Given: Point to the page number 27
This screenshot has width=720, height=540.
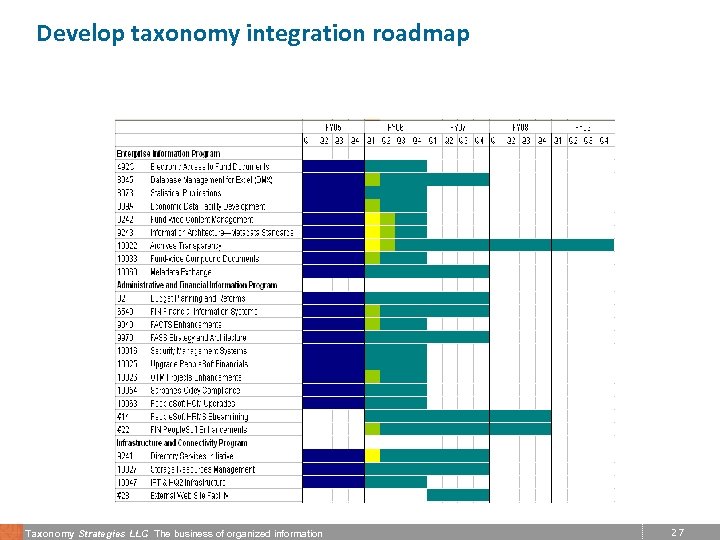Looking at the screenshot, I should click(678, 533).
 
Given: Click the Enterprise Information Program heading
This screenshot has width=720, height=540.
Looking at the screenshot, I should click(168, 153).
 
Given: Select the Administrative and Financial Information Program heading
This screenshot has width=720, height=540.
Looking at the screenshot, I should click(196, 285).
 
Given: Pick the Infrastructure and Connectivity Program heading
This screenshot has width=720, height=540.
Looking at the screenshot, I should click(181, 443).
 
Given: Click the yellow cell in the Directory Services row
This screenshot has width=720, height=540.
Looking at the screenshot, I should click(373, 456).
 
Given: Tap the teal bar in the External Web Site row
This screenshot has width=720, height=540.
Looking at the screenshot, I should click(458, 495).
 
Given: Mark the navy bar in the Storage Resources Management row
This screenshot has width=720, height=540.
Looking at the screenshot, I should click(333, 469).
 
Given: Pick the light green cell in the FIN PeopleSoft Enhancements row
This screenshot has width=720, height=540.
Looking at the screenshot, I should click(373, 429).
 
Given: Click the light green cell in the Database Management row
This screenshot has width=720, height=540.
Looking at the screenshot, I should click(373, 180).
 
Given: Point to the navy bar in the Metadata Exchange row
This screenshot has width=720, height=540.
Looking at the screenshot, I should click(333, 272).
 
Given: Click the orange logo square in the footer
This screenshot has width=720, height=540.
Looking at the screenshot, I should click(10, 532).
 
